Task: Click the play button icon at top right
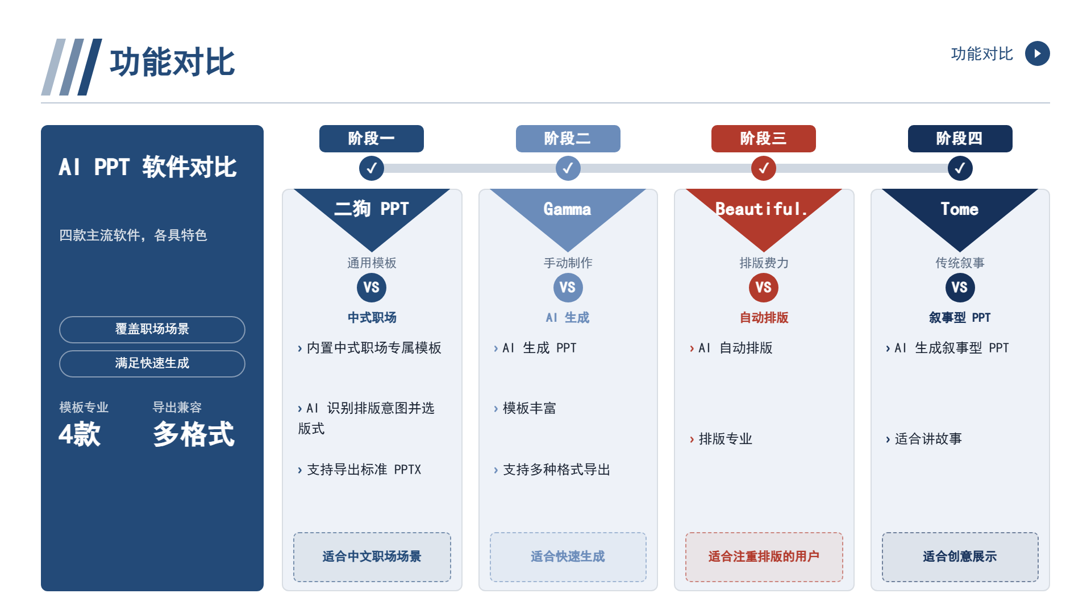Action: coord(1037,53)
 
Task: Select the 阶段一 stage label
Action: coord(372,139)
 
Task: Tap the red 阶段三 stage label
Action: coord(764,139)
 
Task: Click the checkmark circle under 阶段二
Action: coord(568,168)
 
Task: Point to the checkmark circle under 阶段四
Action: coord(960,168)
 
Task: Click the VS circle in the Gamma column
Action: coord(568,288)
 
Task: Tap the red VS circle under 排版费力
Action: coord(764,288)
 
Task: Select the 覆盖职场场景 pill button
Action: coord(152,330)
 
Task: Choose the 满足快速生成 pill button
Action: coord(152,364)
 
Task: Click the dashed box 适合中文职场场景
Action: coord(372,557)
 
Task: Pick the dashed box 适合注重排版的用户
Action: coord(764,557)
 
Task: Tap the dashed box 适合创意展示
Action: coord(960,557)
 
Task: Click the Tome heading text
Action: coord(960,209)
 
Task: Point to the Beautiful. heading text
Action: coord(761,209)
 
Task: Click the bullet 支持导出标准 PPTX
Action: coord(359,470)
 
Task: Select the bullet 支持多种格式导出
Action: coord(552,470)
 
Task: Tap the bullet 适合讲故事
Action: coord(923,439)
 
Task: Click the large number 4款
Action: coord(80,434)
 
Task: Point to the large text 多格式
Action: coord(194,434)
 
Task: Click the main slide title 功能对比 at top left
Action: coord(172,63)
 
